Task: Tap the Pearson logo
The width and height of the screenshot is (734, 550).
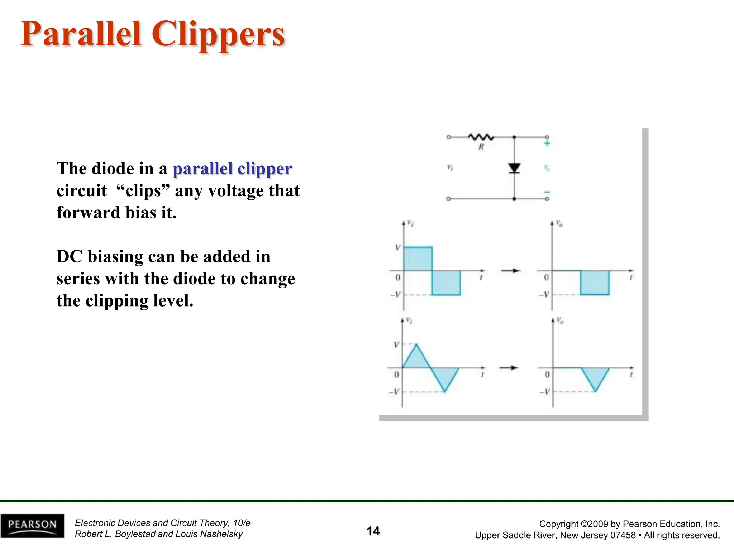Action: tap(32, 526)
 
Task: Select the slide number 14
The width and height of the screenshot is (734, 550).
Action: tap(373, 531)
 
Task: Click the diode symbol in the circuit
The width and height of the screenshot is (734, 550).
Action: tap(514, 168)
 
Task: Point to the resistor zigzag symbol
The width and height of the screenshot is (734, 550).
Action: tap(481, 137)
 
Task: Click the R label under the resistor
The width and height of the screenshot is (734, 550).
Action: tap(481, 147)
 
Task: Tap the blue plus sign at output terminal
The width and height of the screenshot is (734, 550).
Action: tap(547, 144)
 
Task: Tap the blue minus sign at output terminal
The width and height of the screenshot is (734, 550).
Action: tap(547, 192)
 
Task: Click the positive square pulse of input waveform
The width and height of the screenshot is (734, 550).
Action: tap(418, 259)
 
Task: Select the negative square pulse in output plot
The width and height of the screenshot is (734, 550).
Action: tap(595, 283)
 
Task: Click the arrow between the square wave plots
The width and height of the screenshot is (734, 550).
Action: tap(511, 271)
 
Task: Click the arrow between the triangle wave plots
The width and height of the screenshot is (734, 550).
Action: tap(509, 368)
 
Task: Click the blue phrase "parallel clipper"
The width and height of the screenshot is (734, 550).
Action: tap(232, 169)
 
